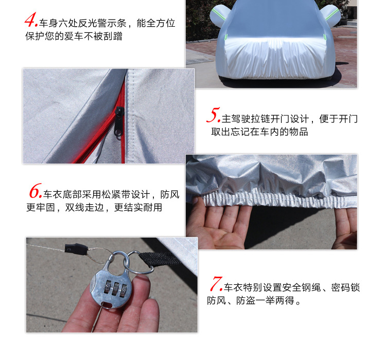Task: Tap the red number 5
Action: pyautogui.click(x=213, y=115)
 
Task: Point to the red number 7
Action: pyautogui.click(x=216, y=283)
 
